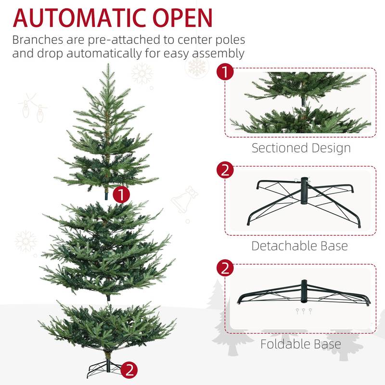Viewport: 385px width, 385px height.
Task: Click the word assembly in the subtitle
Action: tap(217, 53)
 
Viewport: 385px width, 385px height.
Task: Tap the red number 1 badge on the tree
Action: tap(122, 194)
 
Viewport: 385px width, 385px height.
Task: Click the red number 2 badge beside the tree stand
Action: tap(129, 370)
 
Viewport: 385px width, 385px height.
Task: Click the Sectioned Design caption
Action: tap(301, 148)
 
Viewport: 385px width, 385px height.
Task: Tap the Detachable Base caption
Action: tap(299, 246)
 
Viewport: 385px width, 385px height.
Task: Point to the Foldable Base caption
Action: tap(300, 344)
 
